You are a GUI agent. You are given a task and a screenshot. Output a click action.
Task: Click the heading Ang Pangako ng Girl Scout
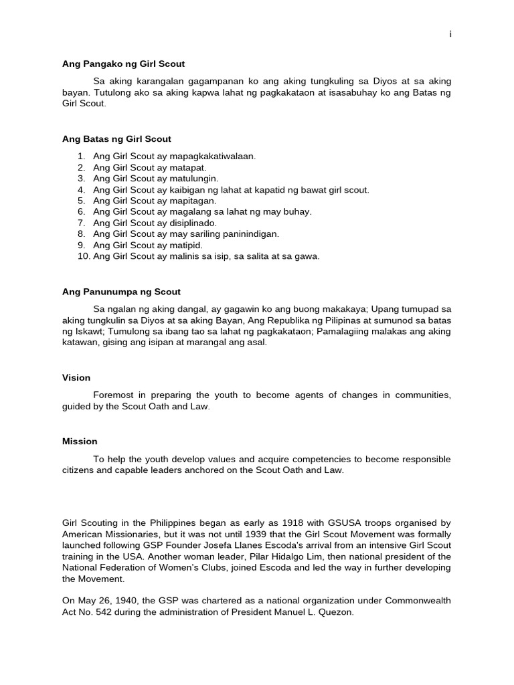pos(123,64)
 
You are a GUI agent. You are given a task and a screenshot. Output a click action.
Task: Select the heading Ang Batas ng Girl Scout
pos(116,139)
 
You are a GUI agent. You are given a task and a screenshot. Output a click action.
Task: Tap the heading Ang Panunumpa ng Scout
pos(121,292)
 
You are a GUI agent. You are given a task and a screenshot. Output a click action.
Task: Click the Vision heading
pos(76,377)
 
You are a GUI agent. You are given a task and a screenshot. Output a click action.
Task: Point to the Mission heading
pos(80,442)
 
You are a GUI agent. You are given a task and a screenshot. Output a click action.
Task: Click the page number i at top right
pos(450,35)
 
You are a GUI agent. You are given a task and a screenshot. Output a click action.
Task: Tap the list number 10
pos(83,256)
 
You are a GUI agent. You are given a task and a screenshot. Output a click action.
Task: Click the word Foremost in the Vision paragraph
pos(114,395)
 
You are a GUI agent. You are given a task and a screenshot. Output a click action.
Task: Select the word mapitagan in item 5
pos(193,201)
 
